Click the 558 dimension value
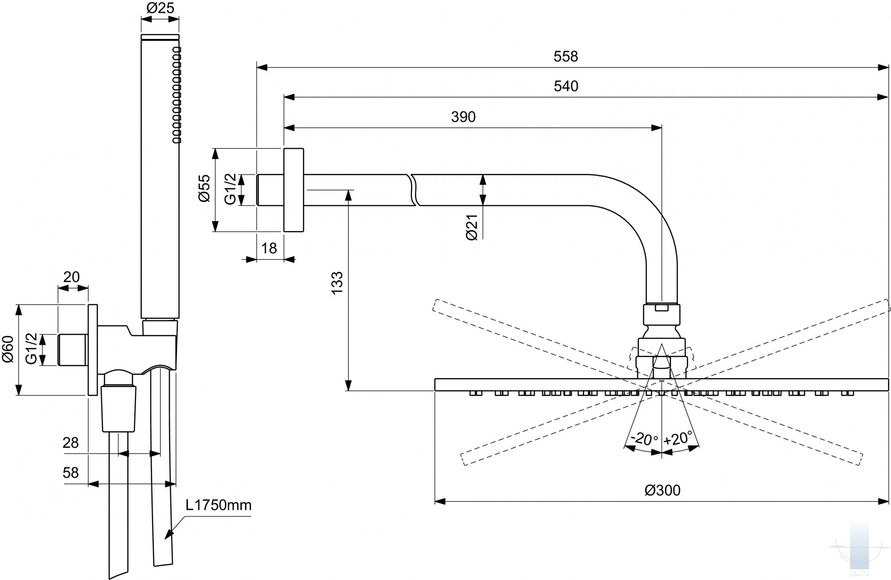coord(566,57)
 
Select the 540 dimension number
coord(566,86)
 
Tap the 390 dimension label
coord(463,117)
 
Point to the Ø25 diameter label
coord(160,8)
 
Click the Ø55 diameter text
coord(204,188)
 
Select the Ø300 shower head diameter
coord(662,490)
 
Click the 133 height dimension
coord(337,282)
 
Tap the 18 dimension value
coord(269,248)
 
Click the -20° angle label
coord(644,438)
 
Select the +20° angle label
coord(678,438)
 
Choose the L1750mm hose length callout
coord(218,505)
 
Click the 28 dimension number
coord(71,443)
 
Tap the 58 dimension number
coord(71,472)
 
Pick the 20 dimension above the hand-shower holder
coord(71,277)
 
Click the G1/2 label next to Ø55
coord(230,189)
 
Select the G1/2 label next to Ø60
coord(32,349)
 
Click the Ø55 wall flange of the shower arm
coord(294,190)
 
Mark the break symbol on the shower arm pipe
coord(413,190)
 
